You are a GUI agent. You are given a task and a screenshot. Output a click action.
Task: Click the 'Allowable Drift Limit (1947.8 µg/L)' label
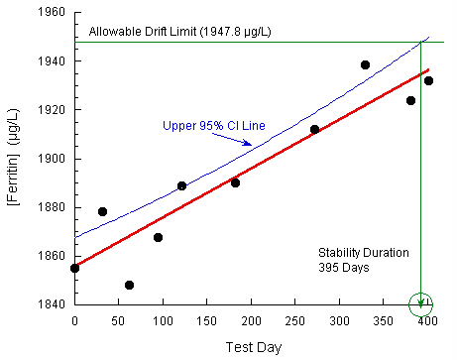coord(179,33)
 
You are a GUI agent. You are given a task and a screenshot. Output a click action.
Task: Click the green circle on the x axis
coord(421,302)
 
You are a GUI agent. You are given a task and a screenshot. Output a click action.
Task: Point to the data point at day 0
coord(74,268)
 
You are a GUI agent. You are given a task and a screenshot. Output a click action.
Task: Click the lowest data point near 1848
coord(129,285)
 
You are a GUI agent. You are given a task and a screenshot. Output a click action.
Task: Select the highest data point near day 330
coord(365,64)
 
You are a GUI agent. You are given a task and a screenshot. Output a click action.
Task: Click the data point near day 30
coord(102,211)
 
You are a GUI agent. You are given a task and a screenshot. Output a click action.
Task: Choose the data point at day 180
coord(235,182)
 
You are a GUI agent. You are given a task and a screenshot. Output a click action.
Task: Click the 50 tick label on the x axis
coord(119,321)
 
